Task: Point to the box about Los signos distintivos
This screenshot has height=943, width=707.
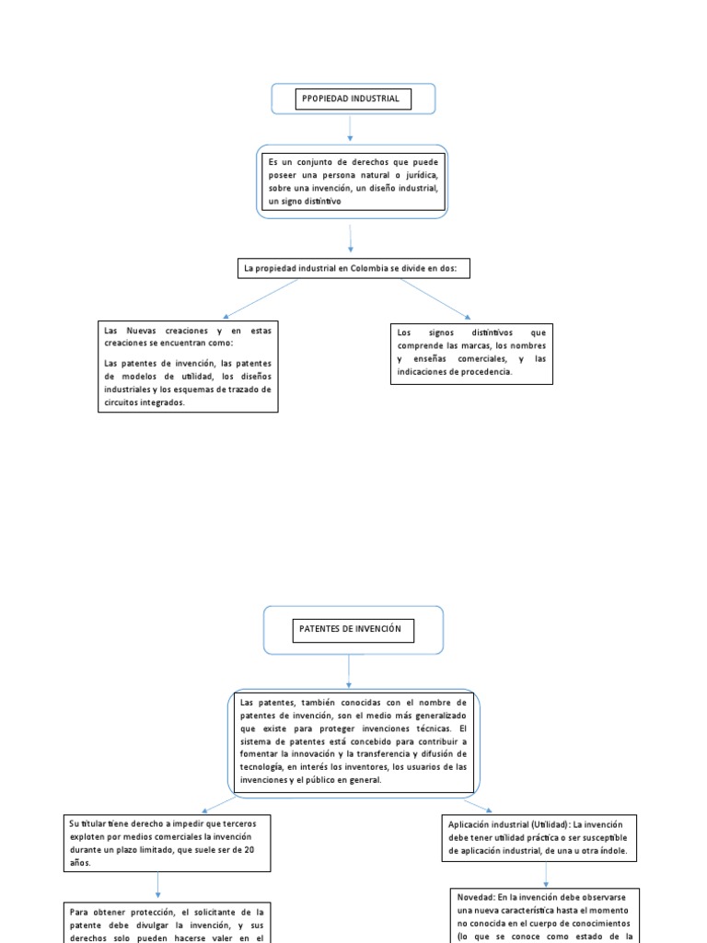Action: (472, 353)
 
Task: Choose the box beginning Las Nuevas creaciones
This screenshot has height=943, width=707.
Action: (188, 366)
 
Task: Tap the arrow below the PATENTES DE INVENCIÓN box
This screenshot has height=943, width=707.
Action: (349, 671)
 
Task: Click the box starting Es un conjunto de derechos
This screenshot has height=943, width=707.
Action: (353, 181)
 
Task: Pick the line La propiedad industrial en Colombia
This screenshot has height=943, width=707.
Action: (354, 268)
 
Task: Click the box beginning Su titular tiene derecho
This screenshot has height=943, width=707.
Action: (168, 842)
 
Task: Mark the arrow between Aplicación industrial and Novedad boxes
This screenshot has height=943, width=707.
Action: (546, 875)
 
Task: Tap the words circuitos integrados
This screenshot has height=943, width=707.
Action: (145, 402)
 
